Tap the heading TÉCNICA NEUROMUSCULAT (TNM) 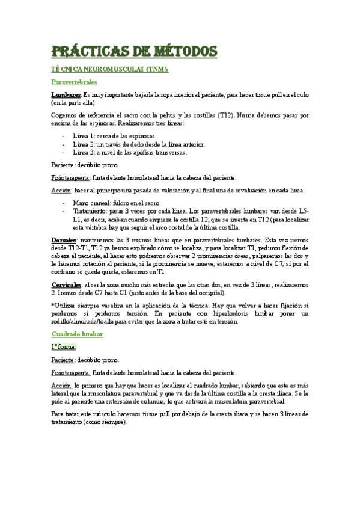pos(110,70)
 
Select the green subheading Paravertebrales pos(75,82)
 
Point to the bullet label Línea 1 pos(82,137)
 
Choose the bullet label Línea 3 pos(82,152)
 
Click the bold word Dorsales pos(65,240)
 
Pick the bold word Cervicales pos(67,284)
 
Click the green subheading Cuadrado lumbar pos(78,334)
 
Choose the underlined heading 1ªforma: pos(64,347)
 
